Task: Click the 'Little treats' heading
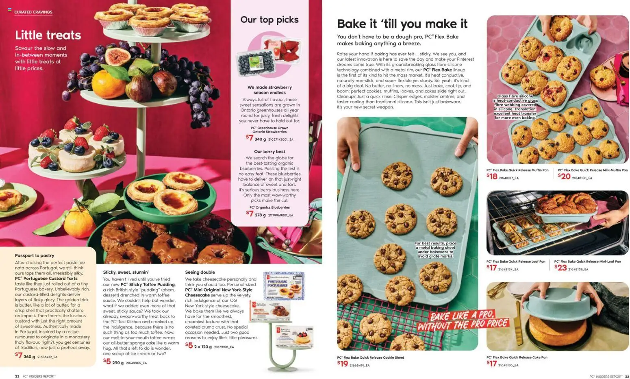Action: [48, 35]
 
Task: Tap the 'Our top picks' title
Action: [269, 20]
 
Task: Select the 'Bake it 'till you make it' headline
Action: [402, 24]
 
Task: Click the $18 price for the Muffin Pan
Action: [492, 176]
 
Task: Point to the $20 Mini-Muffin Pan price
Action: [564, 176]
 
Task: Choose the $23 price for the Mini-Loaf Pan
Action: [560, 268]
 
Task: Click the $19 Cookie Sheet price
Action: [343, 364]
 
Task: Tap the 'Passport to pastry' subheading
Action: [35, 255]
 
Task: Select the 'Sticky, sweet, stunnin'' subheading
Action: [126, 272]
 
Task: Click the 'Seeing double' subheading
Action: [200, 272]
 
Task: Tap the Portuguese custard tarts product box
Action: [283, 285]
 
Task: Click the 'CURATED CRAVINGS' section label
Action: [33, 12]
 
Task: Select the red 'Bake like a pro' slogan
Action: [463, 320]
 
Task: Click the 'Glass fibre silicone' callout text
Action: [515, 107]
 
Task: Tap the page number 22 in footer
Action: [17, 376]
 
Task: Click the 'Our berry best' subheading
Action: [269, 152]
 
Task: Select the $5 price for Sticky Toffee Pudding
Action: [107, 361]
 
